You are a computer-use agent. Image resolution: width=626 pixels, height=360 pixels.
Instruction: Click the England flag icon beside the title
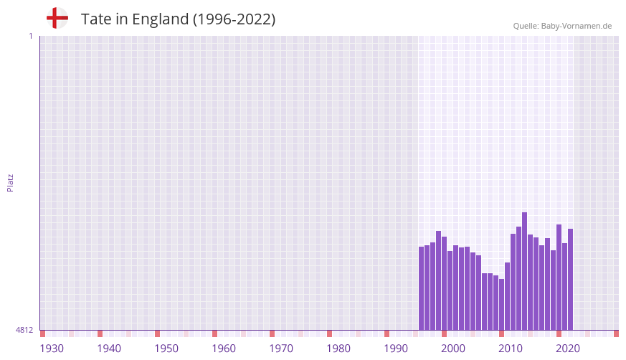point(57,19)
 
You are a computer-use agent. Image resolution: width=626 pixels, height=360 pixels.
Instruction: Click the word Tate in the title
point(95,19)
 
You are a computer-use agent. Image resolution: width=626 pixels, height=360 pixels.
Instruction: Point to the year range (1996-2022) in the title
point(234,19)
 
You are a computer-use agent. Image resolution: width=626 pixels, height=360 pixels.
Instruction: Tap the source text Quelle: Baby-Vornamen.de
point(562,26)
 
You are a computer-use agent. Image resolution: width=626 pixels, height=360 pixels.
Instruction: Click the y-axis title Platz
point(10,182)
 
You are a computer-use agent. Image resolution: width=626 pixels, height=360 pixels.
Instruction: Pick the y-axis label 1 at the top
point(30,36)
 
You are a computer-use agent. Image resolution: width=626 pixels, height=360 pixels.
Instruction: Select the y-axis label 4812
point(24,330)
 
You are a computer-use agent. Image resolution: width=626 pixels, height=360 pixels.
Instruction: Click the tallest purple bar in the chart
point(524,271)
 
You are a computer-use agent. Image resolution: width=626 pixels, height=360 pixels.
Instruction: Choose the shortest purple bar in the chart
point(501,304)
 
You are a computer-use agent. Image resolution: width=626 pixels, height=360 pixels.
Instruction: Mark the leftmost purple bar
point(421,288)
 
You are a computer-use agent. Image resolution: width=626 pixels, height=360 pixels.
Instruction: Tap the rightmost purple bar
point(570,280)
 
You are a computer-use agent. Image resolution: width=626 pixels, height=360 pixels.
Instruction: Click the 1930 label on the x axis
point(52,349)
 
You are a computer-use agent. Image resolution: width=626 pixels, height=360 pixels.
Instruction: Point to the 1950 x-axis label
point(166,349)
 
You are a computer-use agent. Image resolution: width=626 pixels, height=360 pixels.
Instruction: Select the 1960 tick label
point(224,349)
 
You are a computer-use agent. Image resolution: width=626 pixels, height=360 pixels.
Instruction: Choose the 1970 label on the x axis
point(281,349)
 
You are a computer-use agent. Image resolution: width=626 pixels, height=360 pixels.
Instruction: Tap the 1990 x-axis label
point(396,349)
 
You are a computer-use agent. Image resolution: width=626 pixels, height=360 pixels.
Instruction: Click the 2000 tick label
point(453,349)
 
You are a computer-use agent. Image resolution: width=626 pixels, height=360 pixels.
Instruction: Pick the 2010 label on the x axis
point(511,349)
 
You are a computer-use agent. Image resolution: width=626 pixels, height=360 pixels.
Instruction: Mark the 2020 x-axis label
point(568,349)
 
